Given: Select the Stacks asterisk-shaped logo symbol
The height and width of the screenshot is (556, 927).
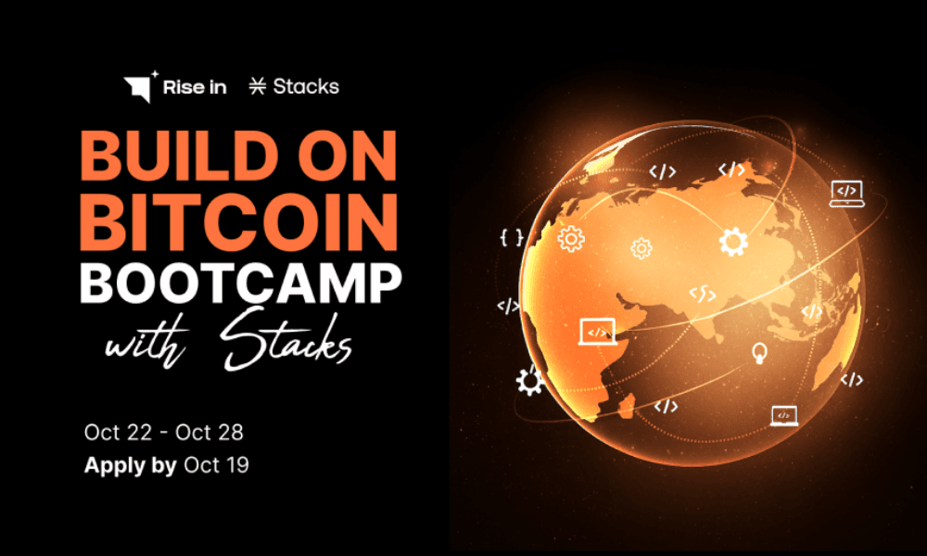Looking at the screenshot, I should pos(258,87).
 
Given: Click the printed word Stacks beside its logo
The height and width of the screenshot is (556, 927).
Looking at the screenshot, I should pos(306,87).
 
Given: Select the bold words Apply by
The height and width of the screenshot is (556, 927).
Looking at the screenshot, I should pos(130,465).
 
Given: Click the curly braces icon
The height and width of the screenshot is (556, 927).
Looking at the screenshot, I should pos(511,238).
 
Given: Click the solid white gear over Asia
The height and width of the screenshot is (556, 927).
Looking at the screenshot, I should pos(732,243).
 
